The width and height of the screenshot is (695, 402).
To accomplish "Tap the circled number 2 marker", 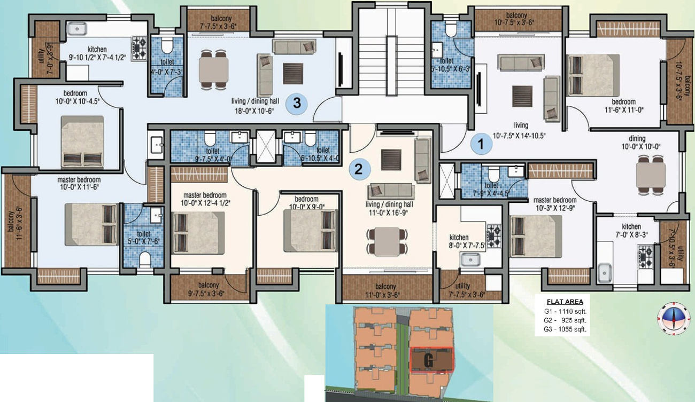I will [359, 169].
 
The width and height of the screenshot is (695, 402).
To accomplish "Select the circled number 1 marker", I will [481, 143].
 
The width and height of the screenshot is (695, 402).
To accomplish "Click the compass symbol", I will [673, 317].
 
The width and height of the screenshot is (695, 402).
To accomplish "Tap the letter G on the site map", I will [428, 360].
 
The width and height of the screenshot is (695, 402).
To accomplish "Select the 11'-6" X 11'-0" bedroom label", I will [623, 106].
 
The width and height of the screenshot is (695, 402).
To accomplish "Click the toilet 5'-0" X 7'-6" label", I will [143, 238].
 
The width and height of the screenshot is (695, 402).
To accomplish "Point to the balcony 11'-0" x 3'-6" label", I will [385, 290].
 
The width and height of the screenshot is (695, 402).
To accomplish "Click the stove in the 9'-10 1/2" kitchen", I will [140, 48].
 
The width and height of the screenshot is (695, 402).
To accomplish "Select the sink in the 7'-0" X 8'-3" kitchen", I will [605, 271].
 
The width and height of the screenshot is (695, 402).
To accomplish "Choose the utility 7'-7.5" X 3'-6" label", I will [463, 290].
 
